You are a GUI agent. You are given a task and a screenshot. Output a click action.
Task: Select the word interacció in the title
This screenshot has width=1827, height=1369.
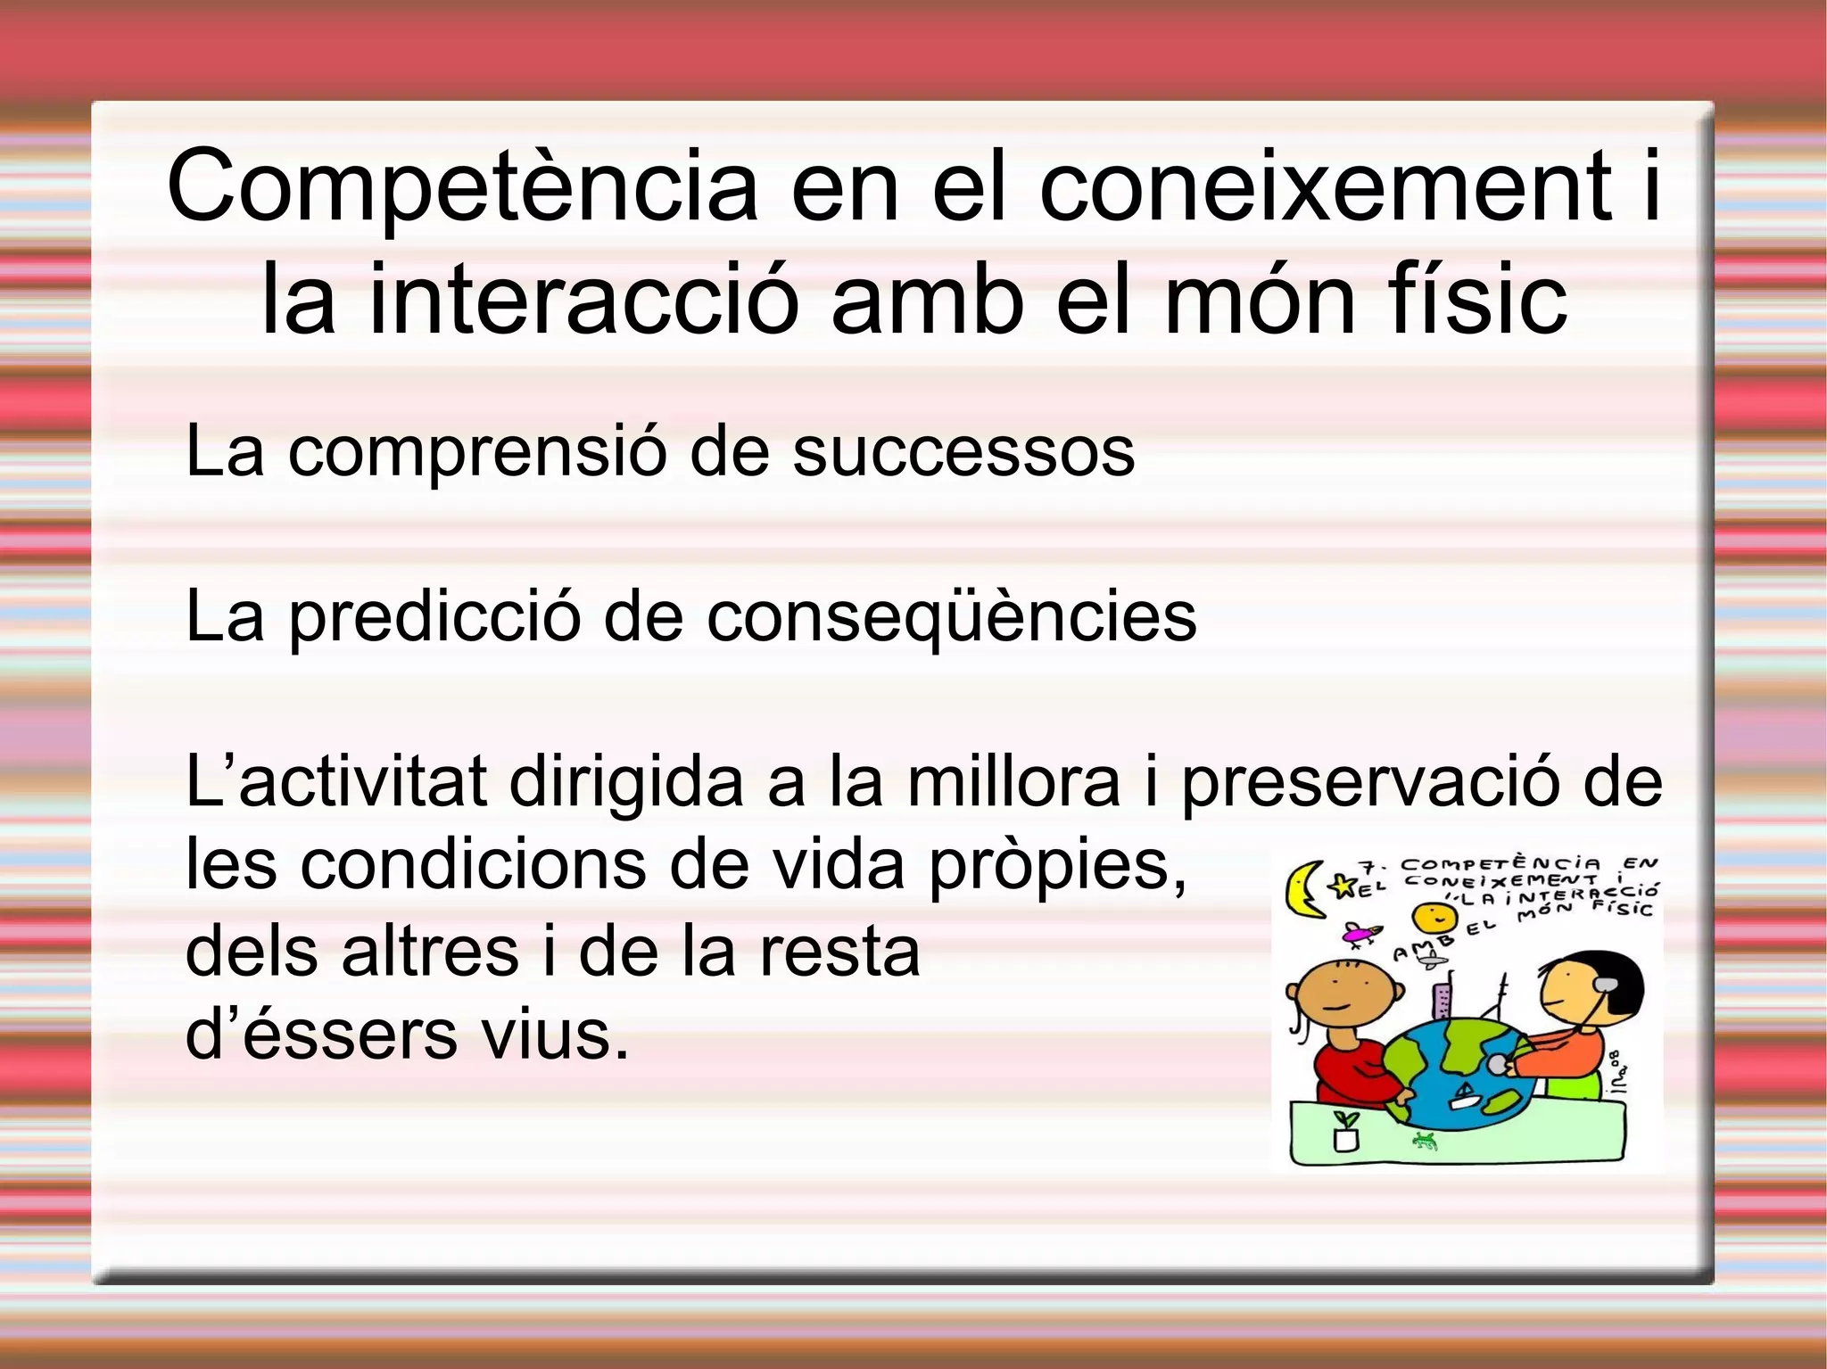pos(581,300)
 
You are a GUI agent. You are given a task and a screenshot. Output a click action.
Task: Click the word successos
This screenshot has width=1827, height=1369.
pos(963,452)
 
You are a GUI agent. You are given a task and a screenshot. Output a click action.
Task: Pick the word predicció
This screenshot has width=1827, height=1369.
pos(435,617)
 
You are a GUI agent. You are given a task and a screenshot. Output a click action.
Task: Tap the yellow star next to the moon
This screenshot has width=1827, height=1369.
pos(1342,886)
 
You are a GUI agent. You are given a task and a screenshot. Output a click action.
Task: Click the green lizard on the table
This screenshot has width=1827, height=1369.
pos(1426,1141)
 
